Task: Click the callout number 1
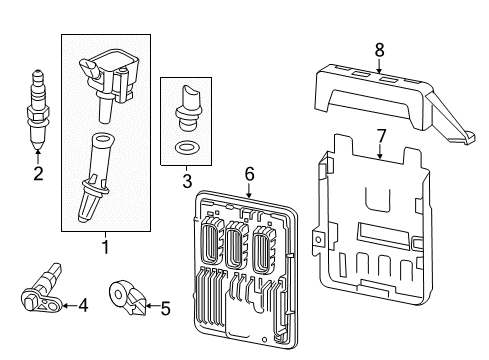pyautogui.click(x=103, y=245)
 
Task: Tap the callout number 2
pyautogui.click(x=37, y=174)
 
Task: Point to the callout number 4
pyautogui.click(x=83, y=305)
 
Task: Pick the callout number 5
pyautogui.click(x=166, y=308)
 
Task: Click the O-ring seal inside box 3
pyautogui.click(x=185, y=148)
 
